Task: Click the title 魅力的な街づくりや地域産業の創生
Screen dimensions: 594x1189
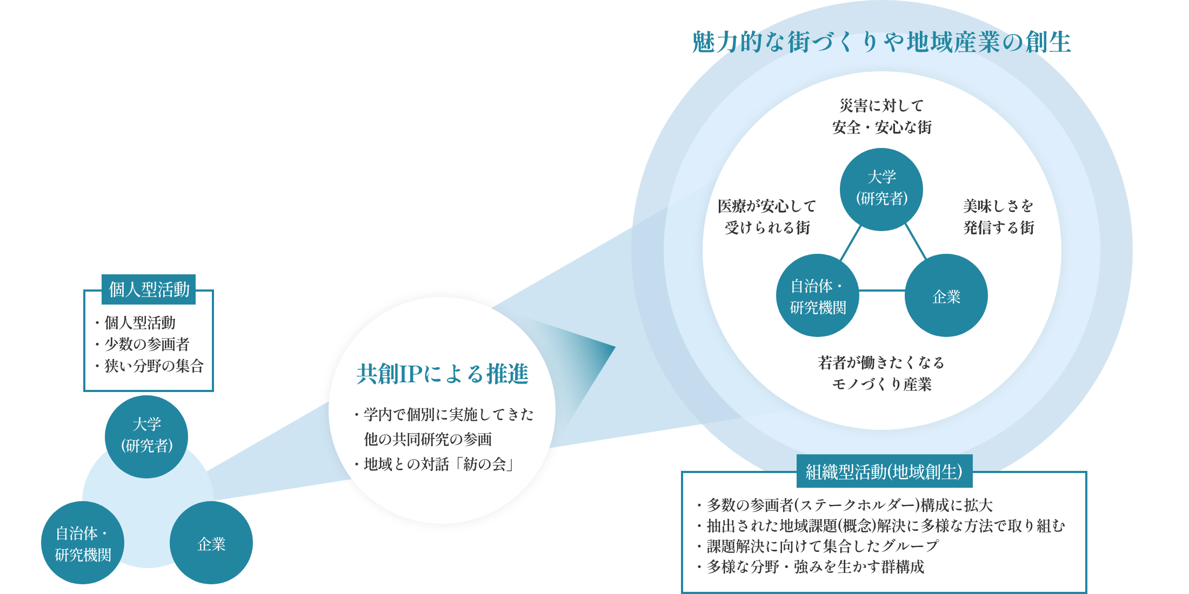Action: point(881,42)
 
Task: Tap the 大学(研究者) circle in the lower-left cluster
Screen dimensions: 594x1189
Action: point(146,436)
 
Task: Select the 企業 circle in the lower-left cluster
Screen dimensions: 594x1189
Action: point(211,543)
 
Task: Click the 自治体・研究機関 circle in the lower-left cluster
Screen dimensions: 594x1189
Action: point(83,543)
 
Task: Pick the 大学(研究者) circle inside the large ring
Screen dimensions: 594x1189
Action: point(881,189)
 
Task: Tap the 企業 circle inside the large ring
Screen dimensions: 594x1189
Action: point(946,295)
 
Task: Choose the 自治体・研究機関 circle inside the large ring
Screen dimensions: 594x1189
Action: point(817,295)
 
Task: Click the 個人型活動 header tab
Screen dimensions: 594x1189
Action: point(149,289)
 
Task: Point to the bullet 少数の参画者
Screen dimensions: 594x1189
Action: point(146,344)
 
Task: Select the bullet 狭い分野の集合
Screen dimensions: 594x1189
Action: point(153,366)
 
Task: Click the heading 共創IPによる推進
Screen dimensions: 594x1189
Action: point(442,374)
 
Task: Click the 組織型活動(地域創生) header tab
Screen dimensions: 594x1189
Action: point(884,471)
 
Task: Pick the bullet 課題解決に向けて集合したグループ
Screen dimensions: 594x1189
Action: point(821,546)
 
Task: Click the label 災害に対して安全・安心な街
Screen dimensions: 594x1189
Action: point(881,116)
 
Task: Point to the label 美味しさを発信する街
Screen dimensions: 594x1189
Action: point(998,217)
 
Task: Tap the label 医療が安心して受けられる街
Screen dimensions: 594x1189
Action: point(767,217)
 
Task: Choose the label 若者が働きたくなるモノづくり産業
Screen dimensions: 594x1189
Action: point(881,373)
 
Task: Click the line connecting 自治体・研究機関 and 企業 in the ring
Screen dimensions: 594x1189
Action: point(881,291)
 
